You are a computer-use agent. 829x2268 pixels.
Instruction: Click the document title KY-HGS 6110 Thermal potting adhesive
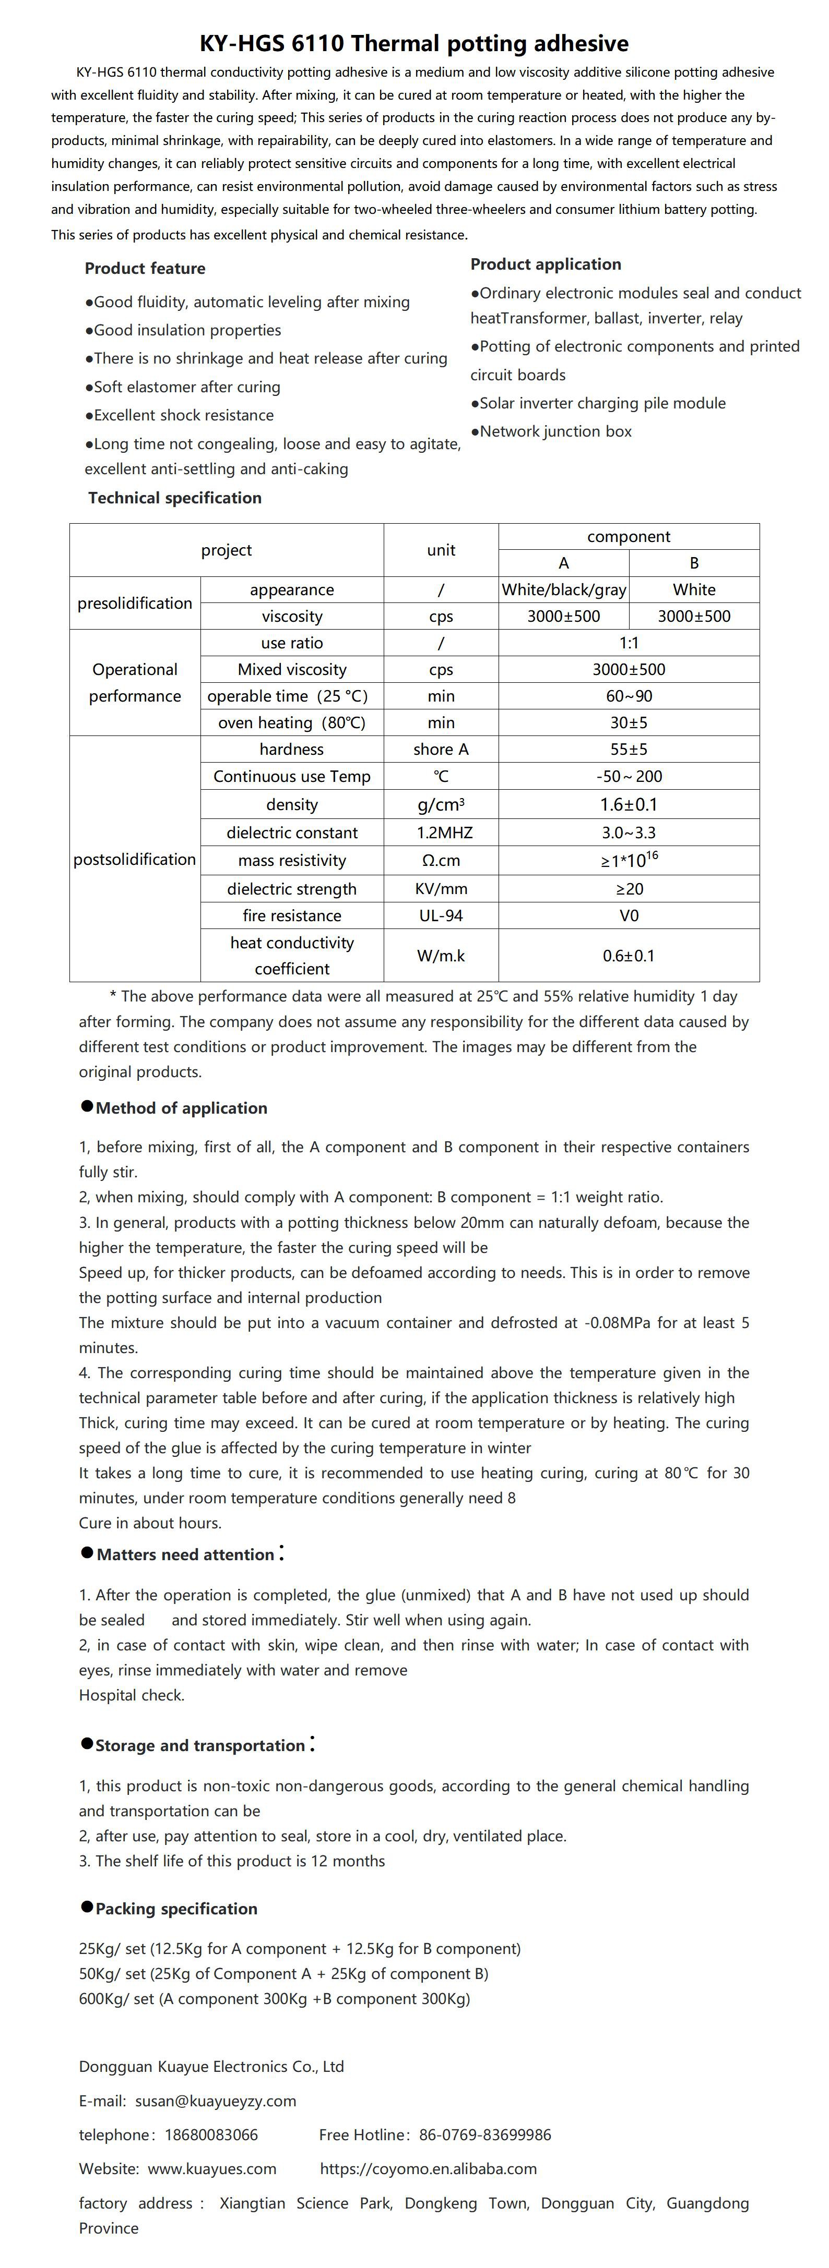point(414,43)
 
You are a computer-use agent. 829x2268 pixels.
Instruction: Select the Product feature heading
point(145,269)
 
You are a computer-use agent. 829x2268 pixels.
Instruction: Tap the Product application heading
point(546,264)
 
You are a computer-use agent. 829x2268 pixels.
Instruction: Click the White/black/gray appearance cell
point(564,590)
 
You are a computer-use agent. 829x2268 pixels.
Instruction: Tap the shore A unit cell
point(441,749)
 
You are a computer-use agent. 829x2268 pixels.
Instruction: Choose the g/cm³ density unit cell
point(441,805)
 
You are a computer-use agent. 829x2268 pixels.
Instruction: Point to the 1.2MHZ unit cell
point(441,833)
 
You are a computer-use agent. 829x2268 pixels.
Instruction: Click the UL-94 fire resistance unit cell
point(441,915)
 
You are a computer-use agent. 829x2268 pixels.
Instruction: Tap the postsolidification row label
point(135,859)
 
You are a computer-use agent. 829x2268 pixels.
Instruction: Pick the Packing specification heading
point(176,1909)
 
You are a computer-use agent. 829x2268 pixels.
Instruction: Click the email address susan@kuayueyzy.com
point(215,2101)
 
